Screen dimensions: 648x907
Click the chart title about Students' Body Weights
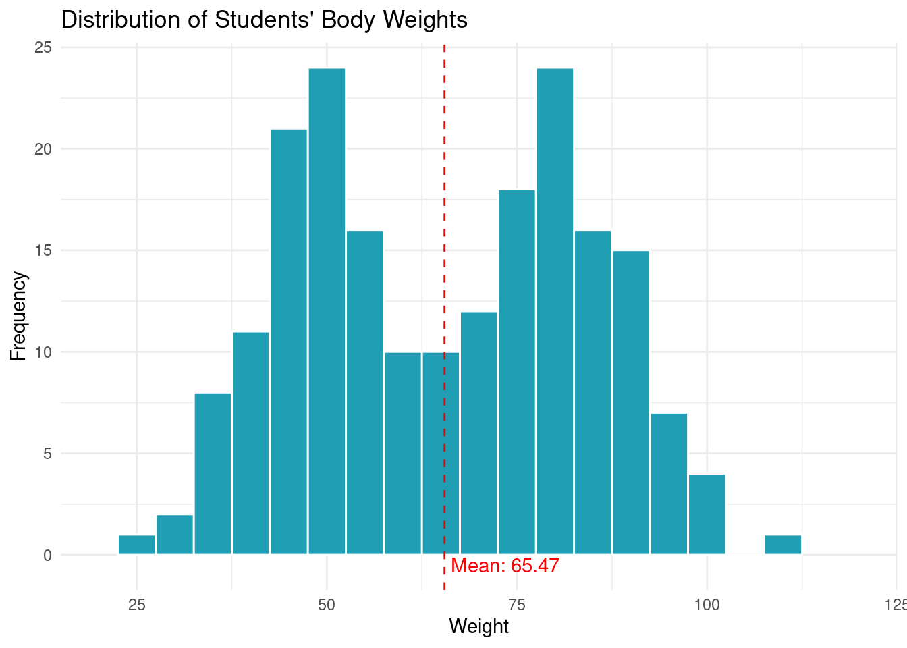click(264, 20)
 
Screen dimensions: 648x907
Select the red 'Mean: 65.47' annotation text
click(505, 566)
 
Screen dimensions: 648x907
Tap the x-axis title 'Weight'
click(478, 626)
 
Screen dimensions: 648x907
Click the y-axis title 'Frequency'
click(18, 316)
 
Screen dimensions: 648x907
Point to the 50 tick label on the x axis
click(327, 604)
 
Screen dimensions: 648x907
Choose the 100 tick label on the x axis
click(707, 604)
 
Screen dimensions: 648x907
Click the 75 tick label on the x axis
click(517, 604)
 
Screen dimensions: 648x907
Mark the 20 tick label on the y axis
click(43, 149)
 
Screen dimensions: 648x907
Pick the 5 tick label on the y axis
click(47, 454)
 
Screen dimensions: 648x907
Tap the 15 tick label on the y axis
click(43, 250)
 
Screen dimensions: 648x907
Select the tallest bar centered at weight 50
click(327, 310)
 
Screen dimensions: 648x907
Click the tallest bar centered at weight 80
click(555, 310)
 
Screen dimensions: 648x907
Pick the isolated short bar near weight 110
click(783, 545)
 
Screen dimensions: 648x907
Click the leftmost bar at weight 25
click(137, 545)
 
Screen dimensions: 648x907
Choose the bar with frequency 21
click(289, 341)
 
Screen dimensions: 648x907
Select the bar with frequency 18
click(517, 371)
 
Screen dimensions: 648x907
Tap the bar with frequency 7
click(669, 483)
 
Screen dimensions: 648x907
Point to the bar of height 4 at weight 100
click(707, 514)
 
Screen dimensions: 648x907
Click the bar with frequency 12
click(479, 433)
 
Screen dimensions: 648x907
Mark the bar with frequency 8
click(213, 473)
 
